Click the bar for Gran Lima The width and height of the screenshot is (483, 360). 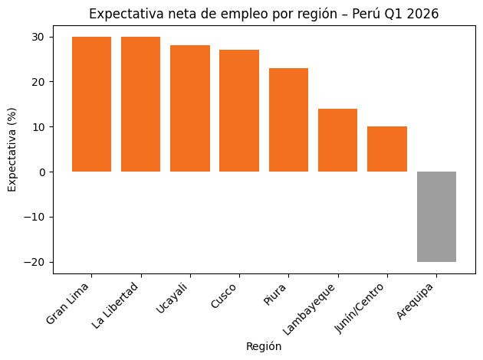[x=91, y=104]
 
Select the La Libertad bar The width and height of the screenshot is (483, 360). [x=140, y=104]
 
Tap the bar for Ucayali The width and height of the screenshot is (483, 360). [x=190, y=108]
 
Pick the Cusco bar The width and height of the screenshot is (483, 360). [x=239, y=110]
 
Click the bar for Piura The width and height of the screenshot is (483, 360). [x=288, y=119]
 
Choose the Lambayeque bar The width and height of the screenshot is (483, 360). [x=337, y=140]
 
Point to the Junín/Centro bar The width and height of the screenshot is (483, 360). [x=387, y=149]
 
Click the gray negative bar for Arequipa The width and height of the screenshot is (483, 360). [x=436, y=217]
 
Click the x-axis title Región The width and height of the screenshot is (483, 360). [x=264, y=347]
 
